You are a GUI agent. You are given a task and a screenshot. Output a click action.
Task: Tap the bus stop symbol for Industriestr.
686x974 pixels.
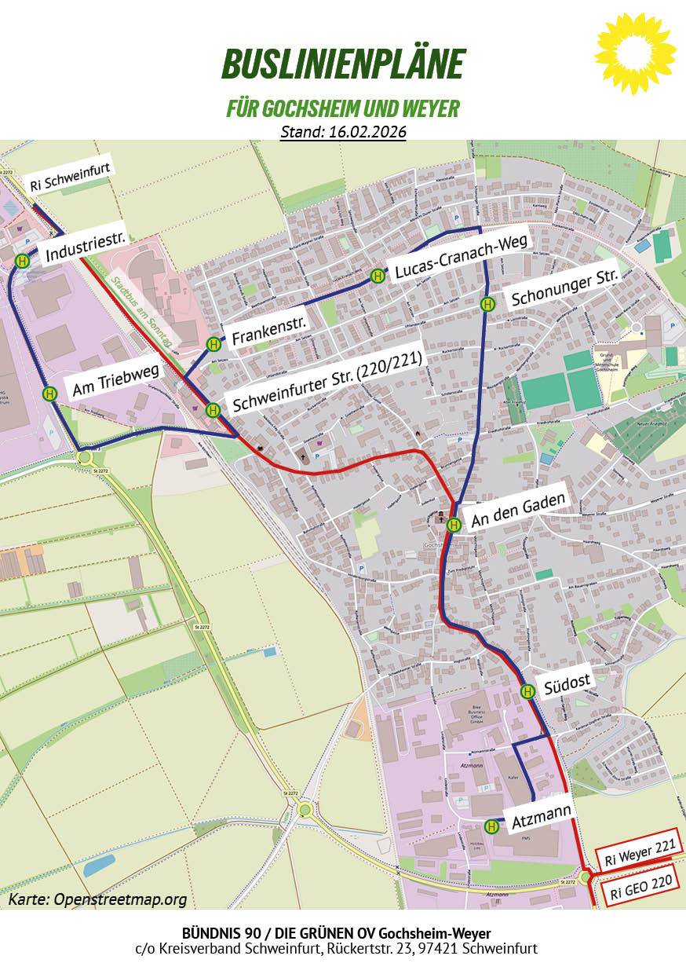24,262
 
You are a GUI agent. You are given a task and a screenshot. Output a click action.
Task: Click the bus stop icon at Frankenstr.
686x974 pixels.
213,344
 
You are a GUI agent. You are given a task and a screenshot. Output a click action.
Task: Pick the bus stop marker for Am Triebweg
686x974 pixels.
50,394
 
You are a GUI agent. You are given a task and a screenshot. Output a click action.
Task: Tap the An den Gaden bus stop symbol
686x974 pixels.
453,525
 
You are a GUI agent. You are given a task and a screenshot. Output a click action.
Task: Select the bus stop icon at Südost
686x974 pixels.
527,691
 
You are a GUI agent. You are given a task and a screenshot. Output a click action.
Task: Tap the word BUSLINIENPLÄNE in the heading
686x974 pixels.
343,64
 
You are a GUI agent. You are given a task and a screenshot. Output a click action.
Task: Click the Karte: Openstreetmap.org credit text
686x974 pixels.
98,899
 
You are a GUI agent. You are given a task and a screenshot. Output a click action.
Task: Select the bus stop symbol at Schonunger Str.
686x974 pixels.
487,304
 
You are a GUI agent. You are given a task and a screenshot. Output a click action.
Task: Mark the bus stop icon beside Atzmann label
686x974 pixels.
492,826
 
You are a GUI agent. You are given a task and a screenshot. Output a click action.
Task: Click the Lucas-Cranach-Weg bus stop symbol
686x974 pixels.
378,276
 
